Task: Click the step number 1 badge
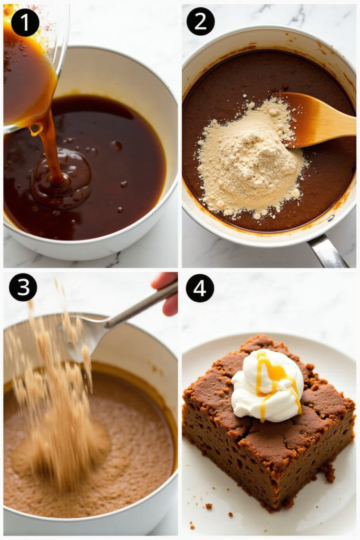coord(25,23)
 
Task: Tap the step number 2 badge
coord(201,21)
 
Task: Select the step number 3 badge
coord(23,287)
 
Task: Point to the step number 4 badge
coord(200,288)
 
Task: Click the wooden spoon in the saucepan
coord(317,119)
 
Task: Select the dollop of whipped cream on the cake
coord(267,385)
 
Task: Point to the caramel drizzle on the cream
coord(275,379)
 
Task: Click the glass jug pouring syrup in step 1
coord(31,65)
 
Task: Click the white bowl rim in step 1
coord(155,86)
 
